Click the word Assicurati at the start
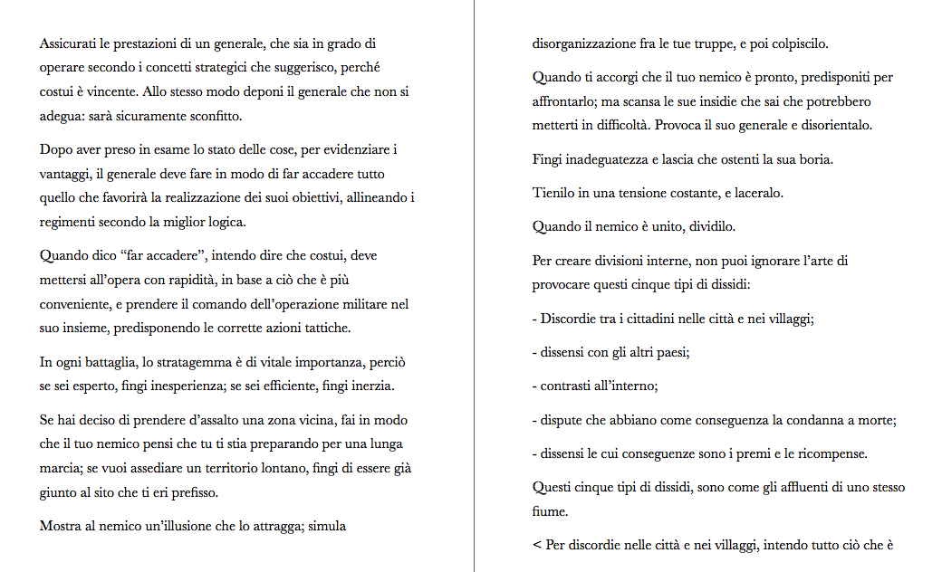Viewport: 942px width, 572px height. point(70,43)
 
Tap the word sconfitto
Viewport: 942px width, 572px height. point(215,117)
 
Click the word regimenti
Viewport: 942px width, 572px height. point(69,222)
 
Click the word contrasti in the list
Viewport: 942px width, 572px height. point(568,386)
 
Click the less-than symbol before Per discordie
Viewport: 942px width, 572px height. point(537,545)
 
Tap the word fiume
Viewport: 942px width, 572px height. point(549,511)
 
